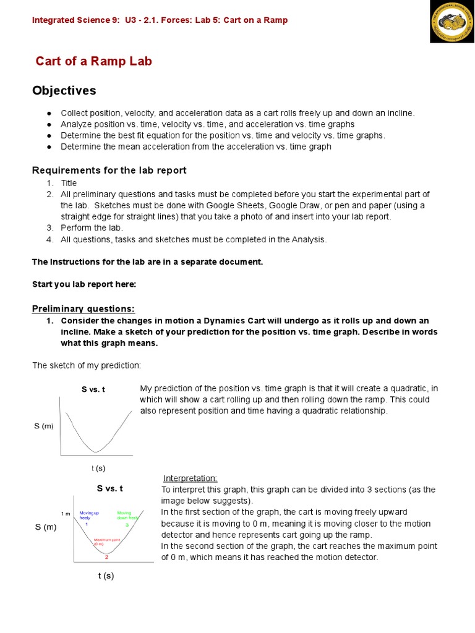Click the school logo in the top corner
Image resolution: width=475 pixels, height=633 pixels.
tap(452, 21)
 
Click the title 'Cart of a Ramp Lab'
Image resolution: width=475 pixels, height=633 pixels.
tap(94, 61)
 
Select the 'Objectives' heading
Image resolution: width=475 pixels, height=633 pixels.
tap(64, 91)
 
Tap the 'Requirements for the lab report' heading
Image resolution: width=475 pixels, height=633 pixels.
tap(109, 170)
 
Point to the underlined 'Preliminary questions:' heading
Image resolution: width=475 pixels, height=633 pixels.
tap(83, 308)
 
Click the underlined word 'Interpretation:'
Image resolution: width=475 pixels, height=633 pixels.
tap(190, 478)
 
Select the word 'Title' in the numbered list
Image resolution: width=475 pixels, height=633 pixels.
tap(69, 183)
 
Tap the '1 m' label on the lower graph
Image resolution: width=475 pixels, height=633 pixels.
tap(66, 514)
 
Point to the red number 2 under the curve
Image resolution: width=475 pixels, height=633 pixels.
tap(106, 557)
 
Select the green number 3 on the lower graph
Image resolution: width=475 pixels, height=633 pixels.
tap(127, 524)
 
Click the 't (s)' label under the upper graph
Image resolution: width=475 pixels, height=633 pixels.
tap(98, 468)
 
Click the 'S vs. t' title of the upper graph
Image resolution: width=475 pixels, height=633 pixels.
tap(93, 390)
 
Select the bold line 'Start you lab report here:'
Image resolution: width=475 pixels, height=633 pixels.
tap(83, 284)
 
